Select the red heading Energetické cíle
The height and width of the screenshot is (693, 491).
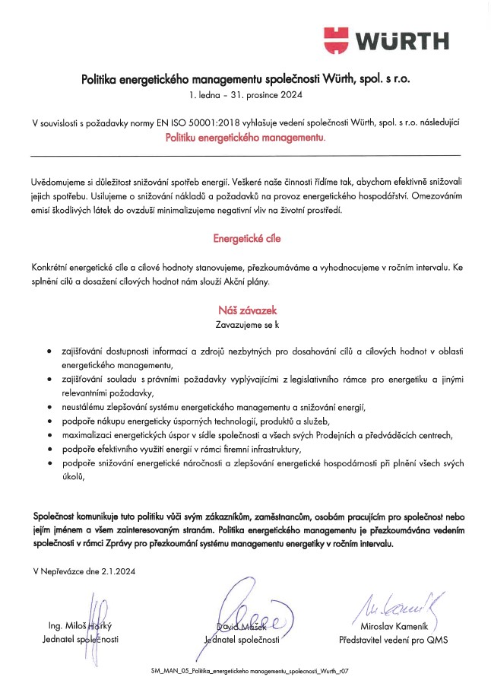tap(246, 239)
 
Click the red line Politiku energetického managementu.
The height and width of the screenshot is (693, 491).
tap(245, 139)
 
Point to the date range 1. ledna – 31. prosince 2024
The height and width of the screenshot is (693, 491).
tap(245, 95)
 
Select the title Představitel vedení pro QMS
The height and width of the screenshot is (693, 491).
tap(393, 641)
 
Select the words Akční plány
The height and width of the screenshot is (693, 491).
tap(248, 280)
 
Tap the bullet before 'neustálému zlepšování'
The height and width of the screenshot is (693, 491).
tap(49, 408)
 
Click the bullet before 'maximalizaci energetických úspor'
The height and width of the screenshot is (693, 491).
tap(49, 435)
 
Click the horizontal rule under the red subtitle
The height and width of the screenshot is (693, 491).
tap(245, 155)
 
